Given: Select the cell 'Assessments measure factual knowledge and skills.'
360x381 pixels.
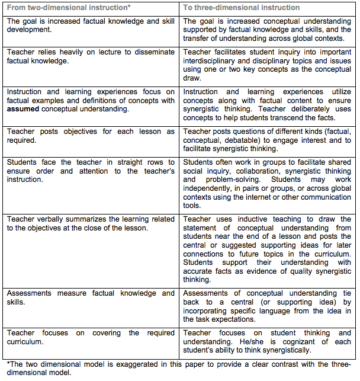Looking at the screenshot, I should point(91,297).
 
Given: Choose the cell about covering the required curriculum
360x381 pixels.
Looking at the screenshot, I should point(91,337).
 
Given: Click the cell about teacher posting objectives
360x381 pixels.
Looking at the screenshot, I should point(91,136).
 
